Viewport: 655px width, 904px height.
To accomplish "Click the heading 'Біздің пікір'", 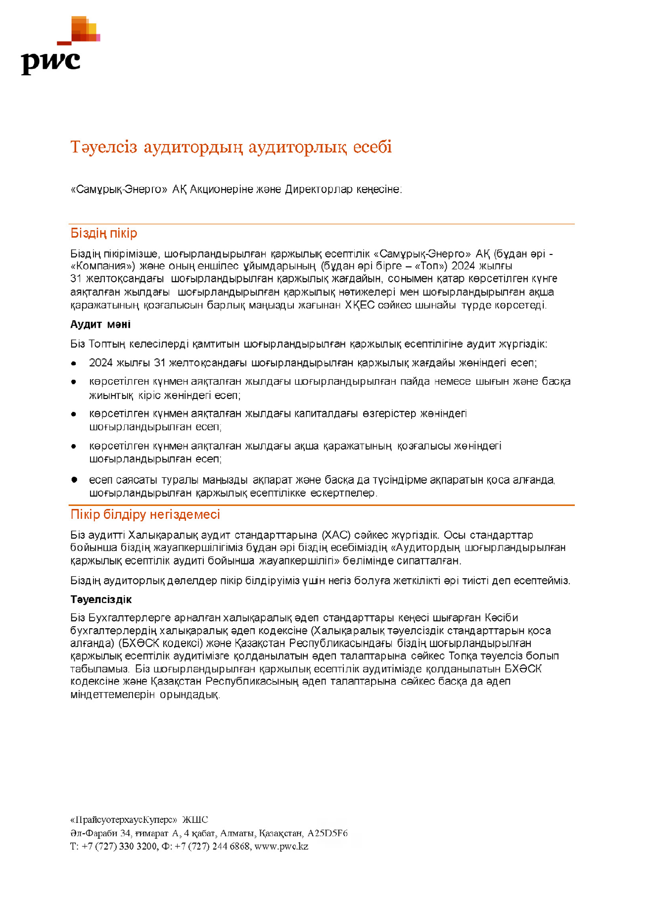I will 103,233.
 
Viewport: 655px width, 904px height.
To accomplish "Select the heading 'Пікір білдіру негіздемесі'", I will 145,514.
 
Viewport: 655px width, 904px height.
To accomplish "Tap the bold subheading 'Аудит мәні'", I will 100,324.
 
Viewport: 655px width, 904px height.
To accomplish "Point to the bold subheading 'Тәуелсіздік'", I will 101,600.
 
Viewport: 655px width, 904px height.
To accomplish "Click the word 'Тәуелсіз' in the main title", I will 103,147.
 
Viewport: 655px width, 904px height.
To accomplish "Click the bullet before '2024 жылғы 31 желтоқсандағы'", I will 74,363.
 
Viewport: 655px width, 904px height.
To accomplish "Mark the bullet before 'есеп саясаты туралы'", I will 74,480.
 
